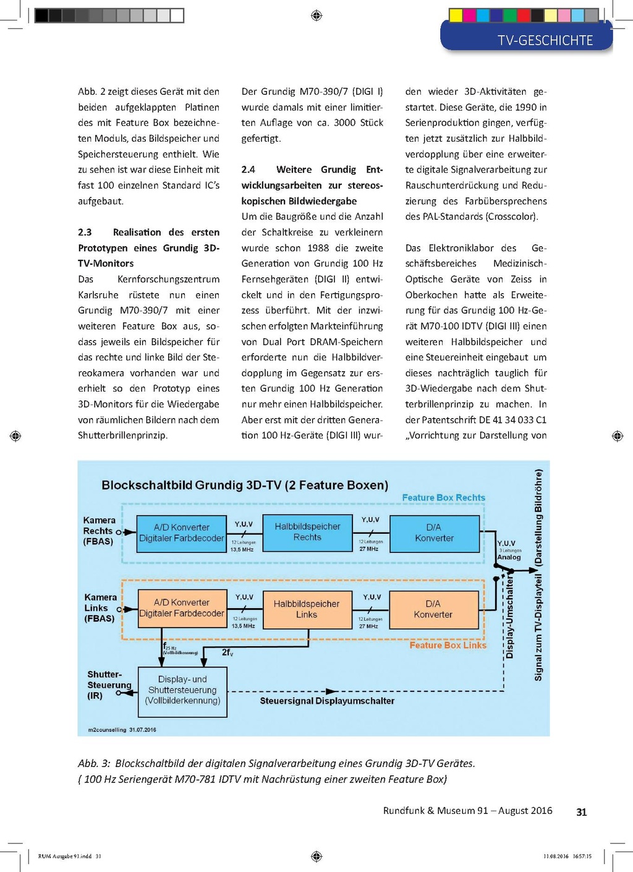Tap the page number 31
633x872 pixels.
pyautogui.click(x=581, y=812)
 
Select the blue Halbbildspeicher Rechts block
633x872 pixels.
pyautogui.click(x=307, y=532)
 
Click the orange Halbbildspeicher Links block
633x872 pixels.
pyautogui.click(x=307, y=609)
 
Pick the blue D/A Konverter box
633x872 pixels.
pyautogui.click(x=434, y=533)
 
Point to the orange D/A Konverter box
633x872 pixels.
pyautogui.click(x=433, y=609)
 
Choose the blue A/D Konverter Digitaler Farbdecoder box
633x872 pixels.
pyautogui.click(x=181, y=533)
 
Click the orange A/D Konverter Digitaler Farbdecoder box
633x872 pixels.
pyautogui.click(x=181, y=608)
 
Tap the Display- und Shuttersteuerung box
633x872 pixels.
pyautogui.click(x=182, y=690)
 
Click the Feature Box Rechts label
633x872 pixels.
pyautogui.click(x=443, y=497)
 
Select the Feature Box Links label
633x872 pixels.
pyautogui.click(x=448, y=645)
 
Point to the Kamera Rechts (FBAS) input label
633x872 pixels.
pyautogui.click(x=98, y=531)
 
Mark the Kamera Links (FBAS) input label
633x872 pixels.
pyautogui.click(x=100, y=608)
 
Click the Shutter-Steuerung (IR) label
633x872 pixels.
pyautogui.click(x=108, y=685)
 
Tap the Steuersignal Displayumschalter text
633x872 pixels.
pyautogui.click(x=326, y=701)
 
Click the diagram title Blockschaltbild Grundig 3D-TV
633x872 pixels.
pyautogui.click(x=245, y=485)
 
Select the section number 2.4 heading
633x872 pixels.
pyautogui.click(x=248, y=169)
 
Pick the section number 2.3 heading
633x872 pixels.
pyautogui.click(x=85, y=232)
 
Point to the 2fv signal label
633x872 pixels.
pyautogui.click(x=227, y=652)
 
